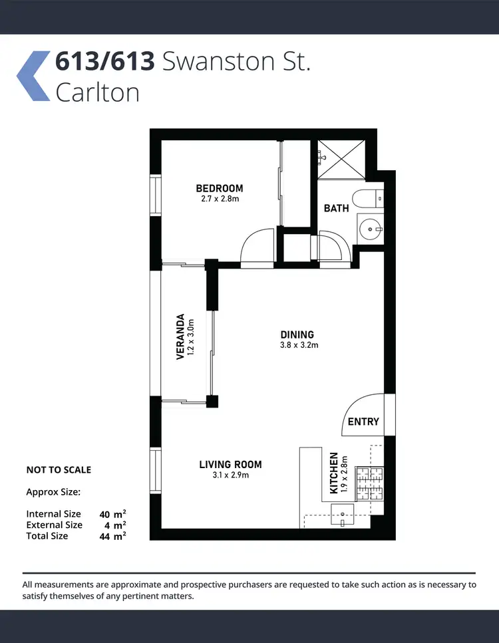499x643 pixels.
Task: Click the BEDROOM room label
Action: pyautogui.click(x=219, y=188)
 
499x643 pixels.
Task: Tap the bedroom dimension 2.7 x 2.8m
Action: pyautogui.click(x=219, y=199)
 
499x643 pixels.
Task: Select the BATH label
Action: pyautogui.click(x=336, y=208)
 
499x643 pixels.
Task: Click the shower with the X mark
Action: pyautogui.click(x=341, y=159)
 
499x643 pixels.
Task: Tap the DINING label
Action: pyautogui.click(x=297, y=334)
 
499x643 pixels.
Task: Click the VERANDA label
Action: pyautogui.click(x=180, y=336)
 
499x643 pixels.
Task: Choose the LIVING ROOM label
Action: pyautogui.click(x=230, y=464)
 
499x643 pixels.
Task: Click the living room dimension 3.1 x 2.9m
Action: pyautogui.click(x=230, y=475)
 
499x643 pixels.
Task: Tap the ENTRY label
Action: pyautogui.click(x=363, y=422)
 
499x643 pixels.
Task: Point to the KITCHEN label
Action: pyautogui.click(x=335, y=473)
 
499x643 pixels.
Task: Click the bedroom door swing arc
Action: pyautogui.click(x=255, y=246)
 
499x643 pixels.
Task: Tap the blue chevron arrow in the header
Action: pyautogui.click(x=33, y=76)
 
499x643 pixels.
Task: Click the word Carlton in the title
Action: pyautogui.click(x=97, y=92)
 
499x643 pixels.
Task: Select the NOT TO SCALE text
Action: pyautogui.click(x=59, y=469)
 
